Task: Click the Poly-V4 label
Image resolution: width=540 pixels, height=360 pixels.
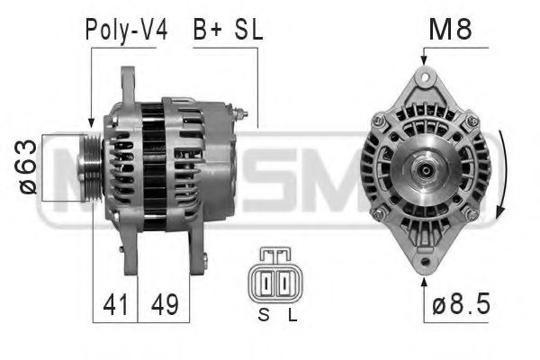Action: click(126, 29)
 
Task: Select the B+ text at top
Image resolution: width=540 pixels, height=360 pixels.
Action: click(208, 29)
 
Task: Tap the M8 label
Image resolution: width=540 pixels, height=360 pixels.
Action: click(451, 29)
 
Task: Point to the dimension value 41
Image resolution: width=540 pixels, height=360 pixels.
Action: click(114, 303)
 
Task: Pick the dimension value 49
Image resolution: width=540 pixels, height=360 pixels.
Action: click(164, 303)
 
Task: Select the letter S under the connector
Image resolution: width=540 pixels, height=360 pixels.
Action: click(263, 315)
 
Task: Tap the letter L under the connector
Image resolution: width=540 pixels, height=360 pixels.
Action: click(290, 315)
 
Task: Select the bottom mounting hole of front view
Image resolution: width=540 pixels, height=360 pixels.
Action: click(424, 263)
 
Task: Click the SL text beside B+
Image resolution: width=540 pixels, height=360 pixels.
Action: click(247, 29)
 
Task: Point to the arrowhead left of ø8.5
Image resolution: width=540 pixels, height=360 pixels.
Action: click(424, 281)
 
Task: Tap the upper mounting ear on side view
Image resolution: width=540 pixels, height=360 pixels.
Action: click(129, 85)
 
